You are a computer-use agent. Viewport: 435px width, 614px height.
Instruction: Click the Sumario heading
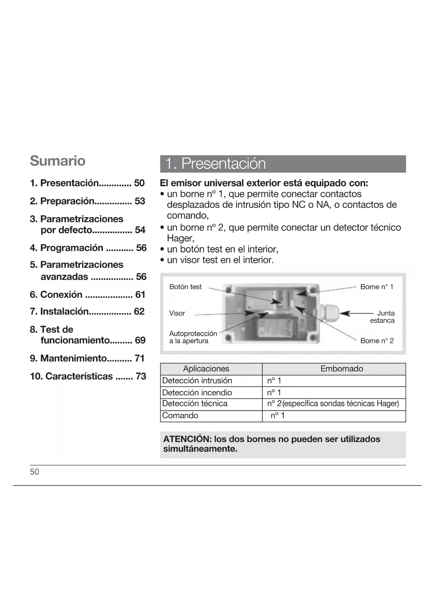click(57, 161)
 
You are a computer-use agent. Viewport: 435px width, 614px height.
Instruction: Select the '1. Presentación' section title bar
click(283, 164)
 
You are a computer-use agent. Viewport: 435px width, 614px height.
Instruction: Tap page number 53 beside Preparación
click(140, 201)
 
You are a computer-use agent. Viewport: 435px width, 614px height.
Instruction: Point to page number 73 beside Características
click(141, 376)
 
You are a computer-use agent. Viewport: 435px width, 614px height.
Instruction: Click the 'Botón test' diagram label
click(185, 287)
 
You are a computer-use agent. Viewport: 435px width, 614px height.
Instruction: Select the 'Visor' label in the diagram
click(177, 313)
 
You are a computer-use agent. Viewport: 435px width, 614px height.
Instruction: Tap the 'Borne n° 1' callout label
click(376, 287)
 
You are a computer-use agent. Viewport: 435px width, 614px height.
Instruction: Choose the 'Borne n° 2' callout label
click(376, 341)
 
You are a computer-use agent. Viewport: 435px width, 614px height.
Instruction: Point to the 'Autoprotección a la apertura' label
click(193, 337)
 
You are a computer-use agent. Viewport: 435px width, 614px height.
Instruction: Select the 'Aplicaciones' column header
click(206, 369)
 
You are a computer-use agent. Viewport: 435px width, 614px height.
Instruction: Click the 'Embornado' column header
click(341, 369)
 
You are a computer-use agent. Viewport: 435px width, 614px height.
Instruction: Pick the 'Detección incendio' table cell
click(197, 392)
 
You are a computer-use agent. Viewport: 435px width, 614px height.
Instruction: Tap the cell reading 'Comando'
click(180, 416)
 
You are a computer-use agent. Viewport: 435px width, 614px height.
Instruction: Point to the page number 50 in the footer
click(34, 472)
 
